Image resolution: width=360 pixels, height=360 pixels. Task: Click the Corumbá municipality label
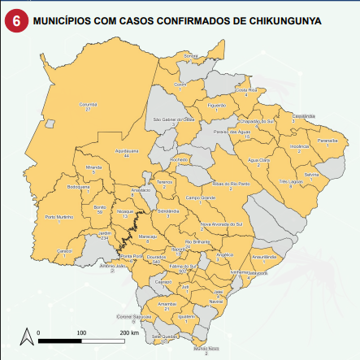89,104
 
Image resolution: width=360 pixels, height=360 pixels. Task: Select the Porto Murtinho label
59,216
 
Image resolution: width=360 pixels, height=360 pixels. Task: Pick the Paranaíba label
327,140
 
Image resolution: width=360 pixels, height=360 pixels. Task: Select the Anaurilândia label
265,256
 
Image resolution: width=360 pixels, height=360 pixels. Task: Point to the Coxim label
181,84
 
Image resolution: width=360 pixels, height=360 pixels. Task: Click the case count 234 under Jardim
104,238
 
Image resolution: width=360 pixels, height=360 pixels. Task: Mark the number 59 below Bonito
101,212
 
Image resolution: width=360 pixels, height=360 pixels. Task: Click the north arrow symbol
27,335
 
